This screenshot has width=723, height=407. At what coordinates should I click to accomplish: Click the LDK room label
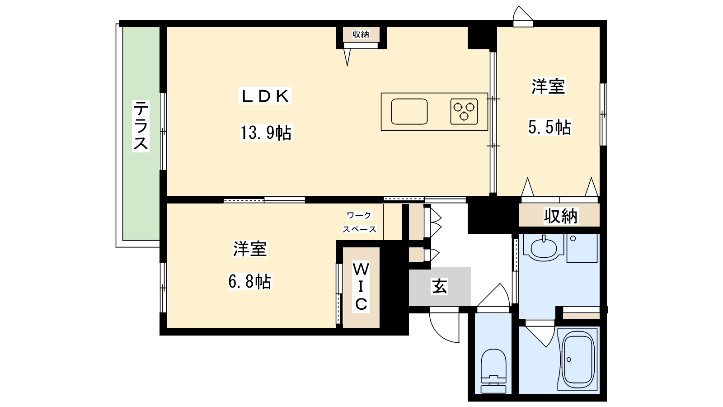tap(265, 96)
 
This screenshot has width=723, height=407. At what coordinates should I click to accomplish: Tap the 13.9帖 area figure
tap(266, 133)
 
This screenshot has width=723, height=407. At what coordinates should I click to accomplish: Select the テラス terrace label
tap(141, 126)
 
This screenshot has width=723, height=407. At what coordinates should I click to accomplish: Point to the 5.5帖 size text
tap(549, 127)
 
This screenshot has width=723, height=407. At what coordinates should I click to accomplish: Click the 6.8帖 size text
tap(250, 281)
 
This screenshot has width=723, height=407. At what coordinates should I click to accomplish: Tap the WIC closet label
tap(361, 287)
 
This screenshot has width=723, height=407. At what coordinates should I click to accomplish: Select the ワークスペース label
tap(359, 222)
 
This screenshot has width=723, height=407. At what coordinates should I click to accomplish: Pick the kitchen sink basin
tap(409, 112)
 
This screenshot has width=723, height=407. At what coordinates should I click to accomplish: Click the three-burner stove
tap(464, 111)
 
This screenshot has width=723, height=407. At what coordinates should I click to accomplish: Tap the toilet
tap(493, 371)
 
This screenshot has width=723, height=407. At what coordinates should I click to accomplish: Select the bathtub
tap(578, 360)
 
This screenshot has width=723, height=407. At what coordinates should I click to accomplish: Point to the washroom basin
tap(544, 248)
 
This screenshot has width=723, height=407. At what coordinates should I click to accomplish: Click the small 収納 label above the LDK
tap(361, 34)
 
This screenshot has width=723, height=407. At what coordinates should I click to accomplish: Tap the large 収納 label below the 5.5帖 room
tap(561, 216)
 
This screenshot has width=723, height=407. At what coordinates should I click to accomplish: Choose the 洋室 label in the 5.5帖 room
tap(548, 86)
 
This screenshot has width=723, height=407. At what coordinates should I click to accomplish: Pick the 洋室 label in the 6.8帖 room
tap(250, 249)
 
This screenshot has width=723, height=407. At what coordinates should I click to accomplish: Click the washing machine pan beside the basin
tap(582, 248)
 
